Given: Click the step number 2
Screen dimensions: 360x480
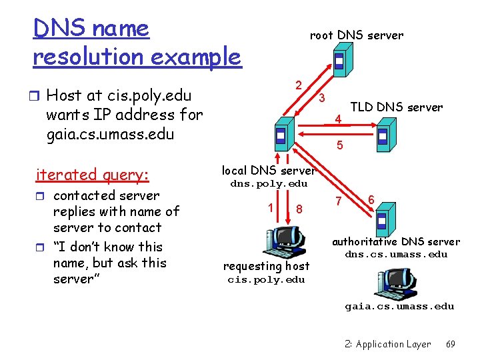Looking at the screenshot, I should [300, 85].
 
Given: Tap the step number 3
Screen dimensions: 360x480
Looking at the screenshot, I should [321, 98].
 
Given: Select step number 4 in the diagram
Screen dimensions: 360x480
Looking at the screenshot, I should [339, 120].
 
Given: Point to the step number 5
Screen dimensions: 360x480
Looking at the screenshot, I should [340, 144].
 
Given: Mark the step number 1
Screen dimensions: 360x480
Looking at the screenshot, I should [270, 207].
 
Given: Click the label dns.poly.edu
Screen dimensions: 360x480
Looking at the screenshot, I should [269, 184].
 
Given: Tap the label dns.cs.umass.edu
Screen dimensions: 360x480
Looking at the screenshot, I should [396, 254].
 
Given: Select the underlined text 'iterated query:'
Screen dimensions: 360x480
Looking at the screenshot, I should [93, 175].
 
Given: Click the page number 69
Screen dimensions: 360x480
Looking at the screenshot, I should [451, 344].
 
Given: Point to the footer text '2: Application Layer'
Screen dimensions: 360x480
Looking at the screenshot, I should [388, 344].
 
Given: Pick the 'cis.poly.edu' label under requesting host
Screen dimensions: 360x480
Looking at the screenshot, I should [266, 280].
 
